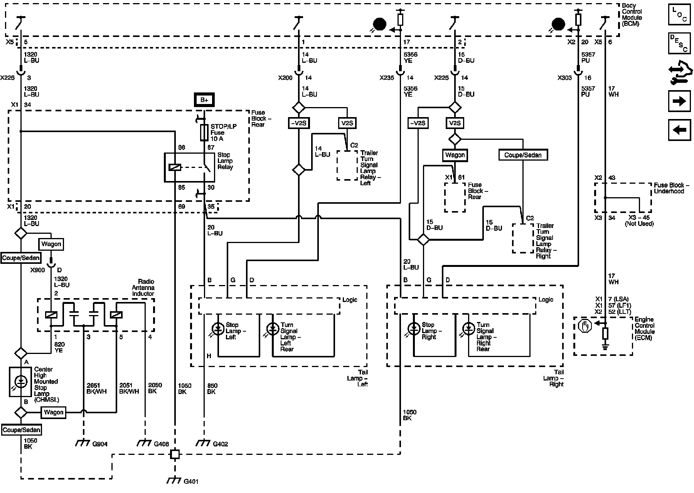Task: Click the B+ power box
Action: click(204, 100)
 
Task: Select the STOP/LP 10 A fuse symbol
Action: click(204, 133)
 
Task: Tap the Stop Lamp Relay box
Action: click(189, 167)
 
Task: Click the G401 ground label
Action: click(192, 481)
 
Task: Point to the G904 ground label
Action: click(100, 444)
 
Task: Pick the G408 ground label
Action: click(162, 444)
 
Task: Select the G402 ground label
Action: click(221, 444)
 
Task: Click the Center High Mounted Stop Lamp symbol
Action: click(20, 381)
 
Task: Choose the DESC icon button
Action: click(679, 43)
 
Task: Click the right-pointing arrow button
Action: click(679, 101)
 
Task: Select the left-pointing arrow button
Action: click(679, 130)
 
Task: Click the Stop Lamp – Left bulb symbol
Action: click(218, 329)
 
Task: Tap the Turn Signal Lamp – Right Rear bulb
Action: click(469, 329)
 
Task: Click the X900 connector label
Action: click(38, 270)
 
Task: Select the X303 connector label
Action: click(565, 78)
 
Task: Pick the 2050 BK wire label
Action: click(155, 388)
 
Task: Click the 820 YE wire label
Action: click(59, 347)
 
